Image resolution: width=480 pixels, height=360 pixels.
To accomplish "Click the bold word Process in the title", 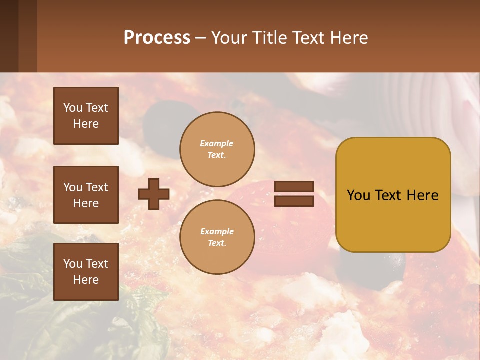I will point(157,38).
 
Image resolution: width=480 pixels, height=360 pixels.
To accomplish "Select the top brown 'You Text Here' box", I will point(86,116).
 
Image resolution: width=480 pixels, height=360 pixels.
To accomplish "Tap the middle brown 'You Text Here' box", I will point(86,195).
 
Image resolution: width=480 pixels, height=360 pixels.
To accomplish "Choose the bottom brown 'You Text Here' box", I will point(86,272).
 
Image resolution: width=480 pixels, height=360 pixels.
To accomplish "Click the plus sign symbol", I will point(154,194).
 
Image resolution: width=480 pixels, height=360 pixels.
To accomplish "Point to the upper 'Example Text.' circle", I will point(217,149).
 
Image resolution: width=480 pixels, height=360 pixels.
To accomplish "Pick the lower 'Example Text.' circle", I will point(217,237).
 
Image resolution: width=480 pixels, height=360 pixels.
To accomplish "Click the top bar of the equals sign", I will point(294,187).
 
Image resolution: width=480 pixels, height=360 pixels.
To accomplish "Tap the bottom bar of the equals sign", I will point(294,201).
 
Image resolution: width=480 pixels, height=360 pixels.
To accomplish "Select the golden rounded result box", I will point(393,195).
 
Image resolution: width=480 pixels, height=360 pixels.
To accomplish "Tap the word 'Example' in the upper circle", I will point(217,143).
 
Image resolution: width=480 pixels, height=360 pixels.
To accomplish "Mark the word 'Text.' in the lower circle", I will point(217,243).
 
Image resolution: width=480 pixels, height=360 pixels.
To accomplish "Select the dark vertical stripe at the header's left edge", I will point(9,36).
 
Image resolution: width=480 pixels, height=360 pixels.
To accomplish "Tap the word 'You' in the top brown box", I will point(73,108).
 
